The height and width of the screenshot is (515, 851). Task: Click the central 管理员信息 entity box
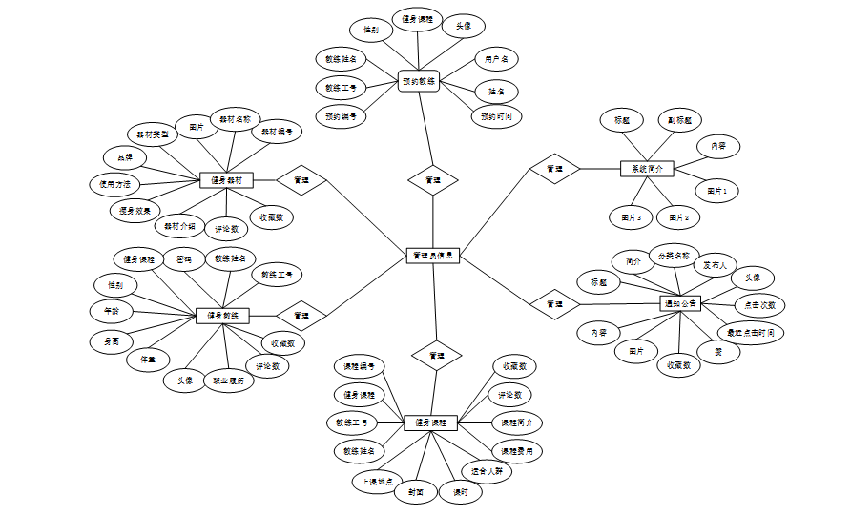433,256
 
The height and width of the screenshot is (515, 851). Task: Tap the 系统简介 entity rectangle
647,168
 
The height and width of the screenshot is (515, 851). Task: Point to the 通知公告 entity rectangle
681,303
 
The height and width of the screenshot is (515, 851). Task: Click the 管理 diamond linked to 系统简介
554,169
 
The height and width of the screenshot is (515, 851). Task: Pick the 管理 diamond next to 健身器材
301,178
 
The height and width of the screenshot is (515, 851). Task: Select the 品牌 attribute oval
125,157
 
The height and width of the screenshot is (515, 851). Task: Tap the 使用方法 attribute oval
114,183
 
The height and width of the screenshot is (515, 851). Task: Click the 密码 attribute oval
182,258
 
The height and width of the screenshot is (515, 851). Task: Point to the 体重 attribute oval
148,360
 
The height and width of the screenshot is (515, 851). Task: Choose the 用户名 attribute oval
496,59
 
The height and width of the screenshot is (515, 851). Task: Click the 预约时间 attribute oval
497,117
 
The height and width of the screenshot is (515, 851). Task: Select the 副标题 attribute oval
679,121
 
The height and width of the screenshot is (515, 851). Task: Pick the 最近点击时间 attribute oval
751,332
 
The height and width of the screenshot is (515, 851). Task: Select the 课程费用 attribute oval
518,449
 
